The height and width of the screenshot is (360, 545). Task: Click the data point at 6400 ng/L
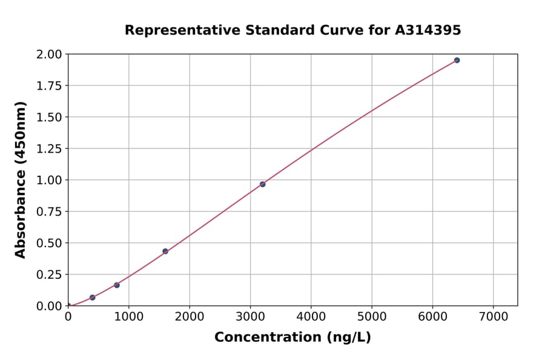point(457,60)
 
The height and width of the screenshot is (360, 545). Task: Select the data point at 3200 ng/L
point(262,184)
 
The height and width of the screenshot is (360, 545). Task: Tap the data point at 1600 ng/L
point(165,251)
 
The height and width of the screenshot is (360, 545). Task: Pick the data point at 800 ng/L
point(117,285)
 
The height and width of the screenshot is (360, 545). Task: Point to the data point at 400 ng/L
point(93,298)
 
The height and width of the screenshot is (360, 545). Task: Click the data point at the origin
point(68,306)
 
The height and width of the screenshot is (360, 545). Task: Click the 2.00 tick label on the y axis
point(49,55)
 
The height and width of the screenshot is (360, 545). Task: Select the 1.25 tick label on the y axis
point(49,148)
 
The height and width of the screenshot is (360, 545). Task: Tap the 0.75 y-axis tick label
point(49,212)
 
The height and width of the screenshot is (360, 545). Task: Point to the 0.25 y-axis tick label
point(49,275)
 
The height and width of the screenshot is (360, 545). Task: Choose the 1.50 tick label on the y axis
point(49,117)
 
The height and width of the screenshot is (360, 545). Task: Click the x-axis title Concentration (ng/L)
point(292,338)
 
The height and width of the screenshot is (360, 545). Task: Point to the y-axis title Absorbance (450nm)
point(21,180)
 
